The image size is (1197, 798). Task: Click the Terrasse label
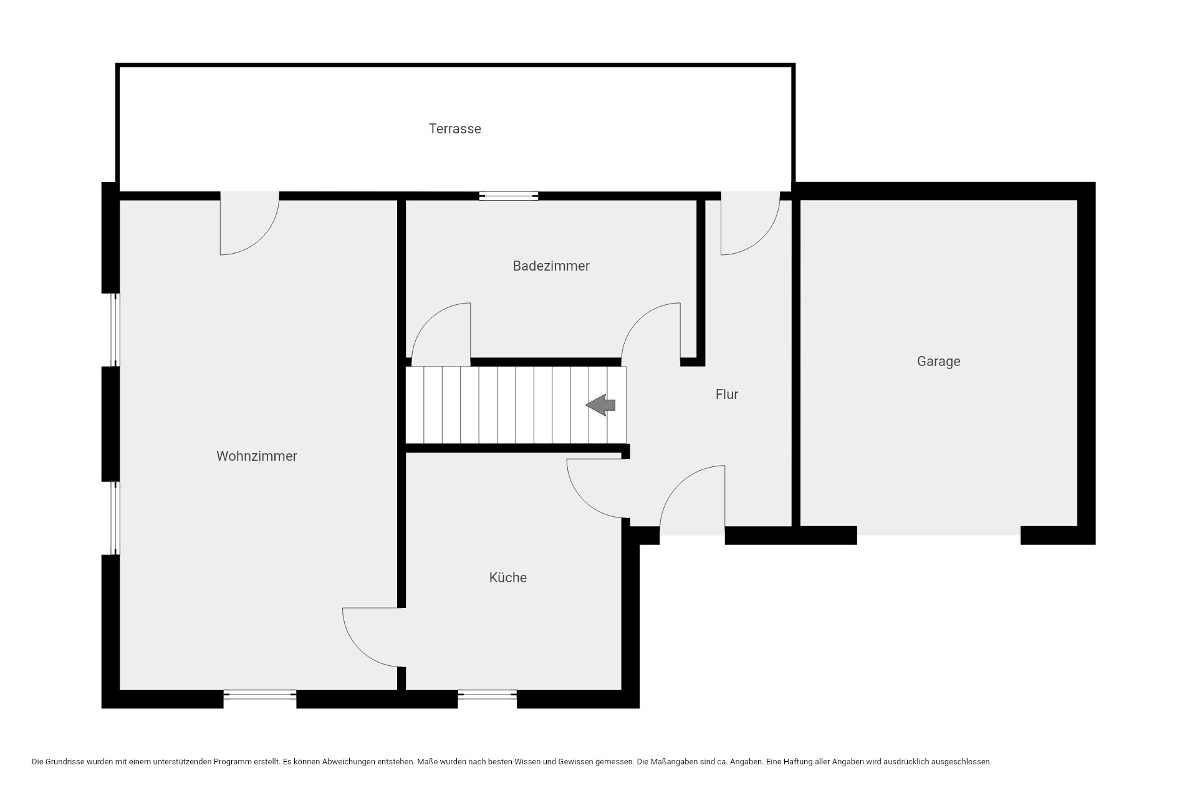454,129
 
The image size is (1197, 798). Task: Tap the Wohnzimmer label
256,456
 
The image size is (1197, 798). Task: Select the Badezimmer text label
551,266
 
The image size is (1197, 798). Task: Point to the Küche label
507,578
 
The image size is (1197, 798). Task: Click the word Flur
727,395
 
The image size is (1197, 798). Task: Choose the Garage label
938,362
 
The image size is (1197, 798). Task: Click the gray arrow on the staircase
600,405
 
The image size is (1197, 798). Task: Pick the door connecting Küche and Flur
595,488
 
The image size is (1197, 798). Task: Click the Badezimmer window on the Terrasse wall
509,196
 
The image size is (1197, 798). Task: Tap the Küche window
487,695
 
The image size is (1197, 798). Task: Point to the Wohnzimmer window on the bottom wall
260,695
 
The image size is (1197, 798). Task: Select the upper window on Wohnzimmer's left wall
115,330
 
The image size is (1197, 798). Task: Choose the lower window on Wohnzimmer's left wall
115,518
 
